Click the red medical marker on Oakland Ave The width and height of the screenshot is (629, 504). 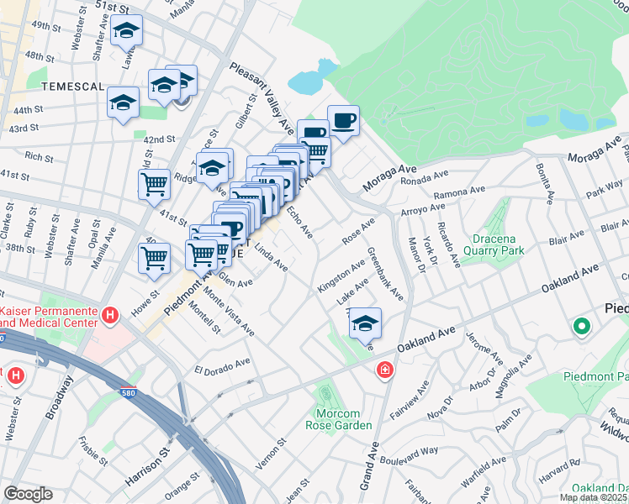(384, 370)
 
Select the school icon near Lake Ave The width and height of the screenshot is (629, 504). (365, 323)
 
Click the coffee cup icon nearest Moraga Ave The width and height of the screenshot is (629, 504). (343, 120)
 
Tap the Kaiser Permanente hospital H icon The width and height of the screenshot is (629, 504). (108, 316)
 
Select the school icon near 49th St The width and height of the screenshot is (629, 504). (126, 30)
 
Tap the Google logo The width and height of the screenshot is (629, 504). (28, 494)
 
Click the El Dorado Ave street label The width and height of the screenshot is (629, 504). (223, 366)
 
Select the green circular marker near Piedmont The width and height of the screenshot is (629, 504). (580, 328)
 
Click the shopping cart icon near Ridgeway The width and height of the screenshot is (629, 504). (155, 184)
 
